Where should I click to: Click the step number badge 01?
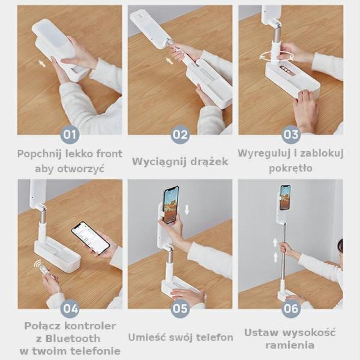(70, 135)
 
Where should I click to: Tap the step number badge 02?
(180, 135)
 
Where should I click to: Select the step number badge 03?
(291, 135)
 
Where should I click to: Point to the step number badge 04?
(70, 309)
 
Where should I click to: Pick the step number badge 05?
(180, 309)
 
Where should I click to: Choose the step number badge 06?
(291, 309)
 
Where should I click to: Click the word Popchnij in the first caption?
(39, 154)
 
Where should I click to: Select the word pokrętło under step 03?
(290, 168)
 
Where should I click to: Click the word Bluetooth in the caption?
(72, 338)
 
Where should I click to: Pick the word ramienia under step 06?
(290, 345)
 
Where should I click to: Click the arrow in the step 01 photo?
(42, 63)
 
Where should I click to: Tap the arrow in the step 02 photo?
(169, 61)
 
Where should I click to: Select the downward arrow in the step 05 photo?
(187, 210)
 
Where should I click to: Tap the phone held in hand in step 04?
(90, 238)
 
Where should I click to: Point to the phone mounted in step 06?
(285, 198)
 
